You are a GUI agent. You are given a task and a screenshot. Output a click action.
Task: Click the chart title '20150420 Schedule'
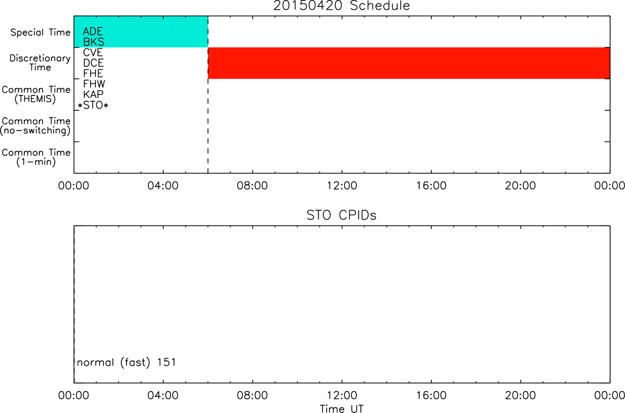coord(341,6)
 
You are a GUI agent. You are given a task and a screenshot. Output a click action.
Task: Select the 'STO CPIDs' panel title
coord(341,215)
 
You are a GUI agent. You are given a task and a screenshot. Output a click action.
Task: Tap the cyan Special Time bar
coord(141,32)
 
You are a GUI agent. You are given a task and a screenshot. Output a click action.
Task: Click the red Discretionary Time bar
coord(409,63)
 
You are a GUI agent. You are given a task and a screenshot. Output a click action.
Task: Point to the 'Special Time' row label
coord(41,32)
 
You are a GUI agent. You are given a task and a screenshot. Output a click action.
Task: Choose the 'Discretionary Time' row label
coord(40,63)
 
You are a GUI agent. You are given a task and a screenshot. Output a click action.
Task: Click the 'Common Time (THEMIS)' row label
coord(36,94)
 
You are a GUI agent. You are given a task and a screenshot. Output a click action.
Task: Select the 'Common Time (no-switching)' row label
coord(36,126)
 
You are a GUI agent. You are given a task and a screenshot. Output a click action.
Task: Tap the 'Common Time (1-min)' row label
coord(36,157)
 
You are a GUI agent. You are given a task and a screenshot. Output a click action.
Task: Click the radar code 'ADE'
coord(93,31)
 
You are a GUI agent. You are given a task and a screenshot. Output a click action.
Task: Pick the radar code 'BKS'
coord(93,42)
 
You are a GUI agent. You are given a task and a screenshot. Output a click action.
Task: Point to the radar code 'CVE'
coord(93,52)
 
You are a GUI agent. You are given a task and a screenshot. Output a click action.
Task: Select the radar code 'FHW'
coord(94,84)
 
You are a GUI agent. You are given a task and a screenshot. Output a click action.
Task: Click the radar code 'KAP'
coord(93,94)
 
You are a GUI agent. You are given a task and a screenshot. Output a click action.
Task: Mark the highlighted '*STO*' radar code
coord(93,105)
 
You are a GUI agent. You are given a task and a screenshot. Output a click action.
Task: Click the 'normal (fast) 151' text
coord(126,363)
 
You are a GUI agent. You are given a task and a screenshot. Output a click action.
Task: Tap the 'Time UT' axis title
coord(341,408)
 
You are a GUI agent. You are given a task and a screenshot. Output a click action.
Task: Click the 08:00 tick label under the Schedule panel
coord(252,186)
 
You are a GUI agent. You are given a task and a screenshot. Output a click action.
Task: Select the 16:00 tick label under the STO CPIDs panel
coord(431,395)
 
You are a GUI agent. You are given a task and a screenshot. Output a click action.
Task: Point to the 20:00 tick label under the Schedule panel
coord(520,186)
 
